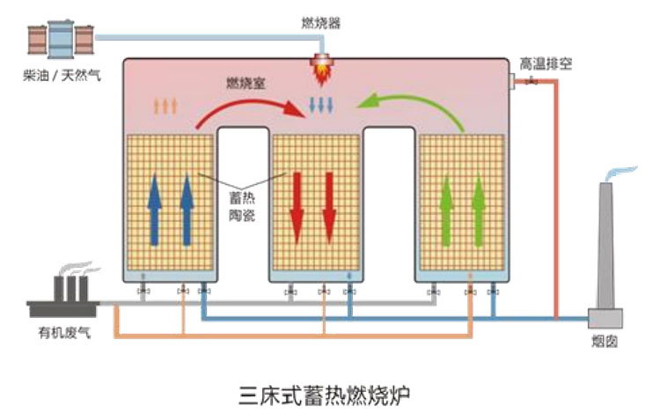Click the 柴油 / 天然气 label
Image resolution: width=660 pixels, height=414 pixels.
point(62,76)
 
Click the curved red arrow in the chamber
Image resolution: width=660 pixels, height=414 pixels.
point(247,107)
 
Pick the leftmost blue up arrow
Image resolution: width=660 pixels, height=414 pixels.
point(155,207)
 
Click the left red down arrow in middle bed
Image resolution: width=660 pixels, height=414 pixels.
point(297,208)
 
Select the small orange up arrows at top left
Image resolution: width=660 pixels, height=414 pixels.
point(165,106)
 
